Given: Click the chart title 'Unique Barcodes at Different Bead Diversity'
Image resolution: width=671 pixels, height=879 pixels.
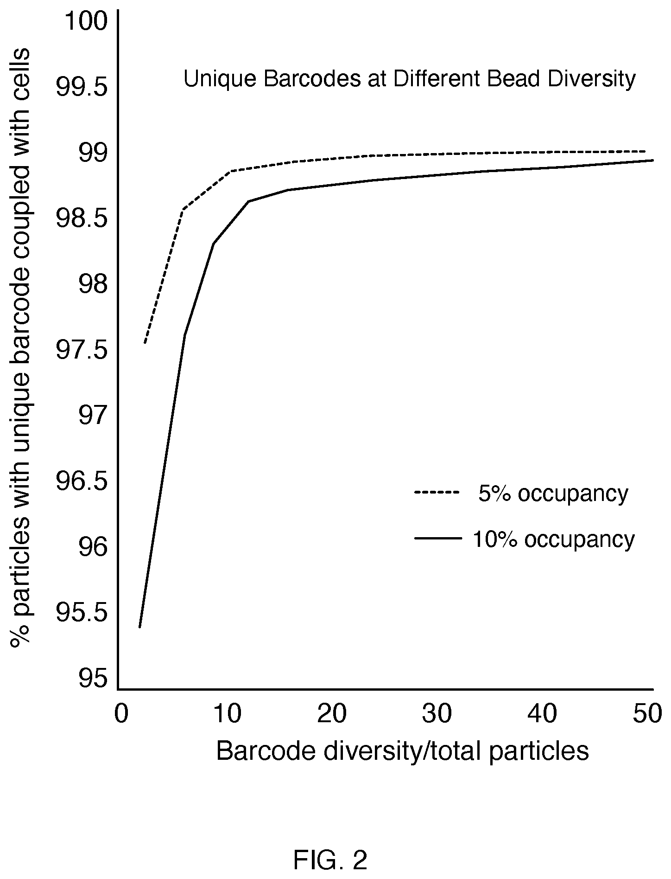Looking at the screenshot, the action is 410,79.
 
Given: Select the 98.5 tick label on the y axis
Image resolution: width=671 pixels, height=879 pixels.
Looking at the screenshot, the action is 82,218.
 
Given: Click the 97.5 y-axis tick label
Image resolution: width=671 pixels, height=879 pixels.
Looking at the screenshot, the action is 82,350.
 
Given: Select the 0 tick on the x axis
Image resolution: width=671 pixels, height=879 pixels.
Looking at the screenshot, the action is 121,714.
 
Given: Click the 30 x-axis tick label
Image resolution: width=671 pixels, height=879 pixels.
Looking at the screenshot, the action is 437,714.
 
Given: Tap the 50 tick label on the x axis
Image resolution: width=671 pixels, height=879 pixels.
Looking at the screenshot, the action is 648,714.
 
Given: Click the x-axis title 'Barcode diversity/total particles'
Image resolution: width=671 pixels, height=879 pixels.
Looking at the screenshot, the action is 402,751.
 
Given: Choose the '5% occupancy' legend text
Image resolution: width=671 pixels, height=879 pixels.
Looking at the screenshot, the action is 553,494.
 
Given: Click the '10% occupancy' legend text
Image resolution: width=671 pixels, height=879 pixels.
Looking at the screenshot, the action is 554,539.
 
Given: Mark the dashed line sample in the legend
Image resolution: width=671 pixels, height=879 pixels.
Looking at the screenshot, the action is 437,492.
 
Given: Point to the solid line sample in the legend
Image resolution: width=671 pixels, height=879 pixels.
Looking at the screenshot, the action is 438,538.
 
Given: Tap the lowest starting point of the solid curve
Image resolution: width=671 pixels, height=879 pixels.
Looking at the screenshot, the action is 139,628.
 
